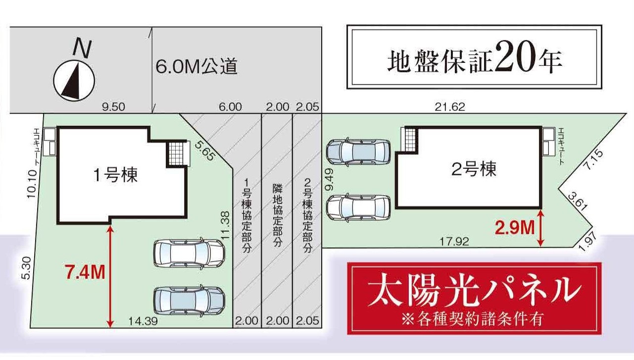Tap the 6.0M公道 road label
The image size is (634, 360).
(x=196, y=67)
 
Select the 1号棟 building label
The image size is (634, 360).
(x=115, y=175)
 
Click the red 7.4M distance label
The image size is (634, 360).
(x=85, y=272)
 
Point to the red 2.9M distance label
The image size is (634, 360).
(x=515, y=228)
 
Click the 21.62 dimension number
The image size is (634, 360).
(x=450, y=107)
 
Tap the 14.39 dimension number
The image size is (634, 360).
(x=143, y=321)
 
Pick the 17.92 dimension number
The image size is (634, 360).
(x=454, y=241)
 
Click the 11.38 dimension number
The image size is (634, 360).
(x=225, y=226)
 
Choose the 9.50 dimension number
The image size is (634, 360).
(x=113, y=107)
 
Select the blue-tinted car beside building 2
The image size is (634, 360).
(x=359, y=152)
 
